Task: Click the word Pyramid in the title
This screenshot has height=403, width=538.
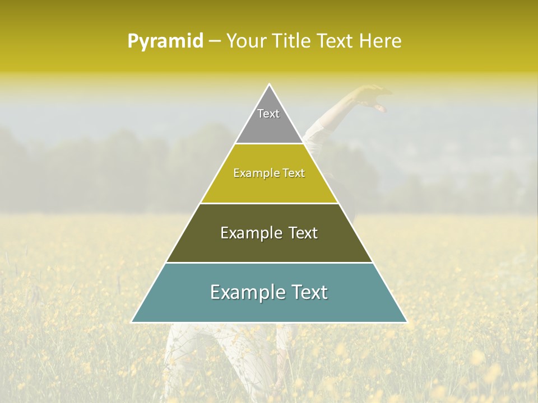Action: [165, 41]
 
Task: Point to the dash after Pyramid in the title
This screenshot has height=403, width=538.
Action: [215, 41]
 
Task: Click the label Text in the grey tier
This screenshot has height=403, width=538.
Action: [268, 114]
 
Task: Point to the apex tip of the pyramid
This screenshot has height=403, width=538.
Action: [269, 85]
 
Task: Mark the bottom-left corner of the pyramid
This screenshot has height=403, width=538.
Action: [132, 322]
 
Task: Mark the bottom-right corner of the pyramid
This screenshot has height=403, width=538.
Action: [406, 322]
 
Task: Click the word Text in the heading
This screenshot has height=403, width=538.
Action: [336, 41]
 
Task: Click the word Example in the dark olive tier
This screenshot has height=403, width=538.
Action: [251, 233]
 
